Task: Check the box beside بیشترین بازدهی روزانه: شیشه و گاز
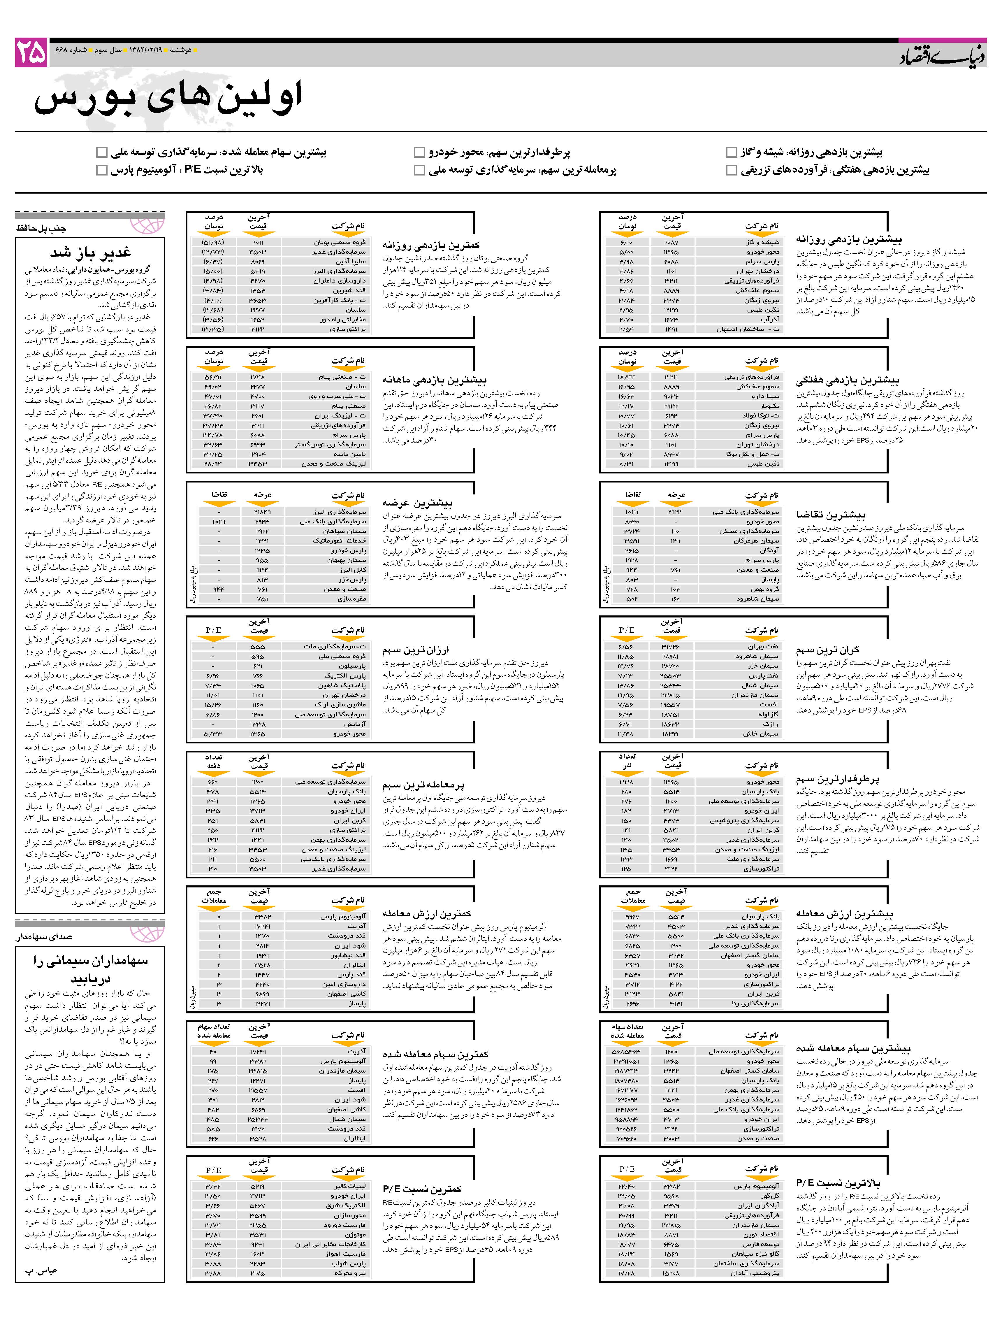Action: (x=731, y=152)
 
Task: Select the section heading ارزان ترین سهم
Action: (x=416, y=650)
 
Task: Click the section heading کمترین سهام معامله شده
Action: (x=435, y=1054)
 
